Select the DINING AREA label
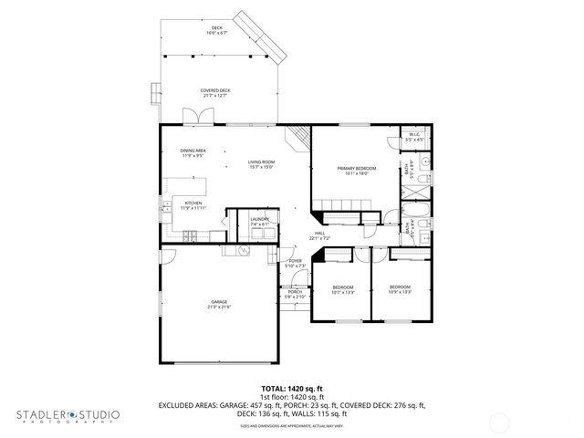[193, 152]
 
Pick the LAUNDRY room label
[258, 222]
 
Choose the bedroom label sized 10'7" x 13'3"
[342, 289]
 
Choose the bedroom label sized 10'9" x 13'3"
[401, 289]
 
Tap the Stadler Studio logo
[68, 416]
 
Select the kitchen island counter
[193, 185]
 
